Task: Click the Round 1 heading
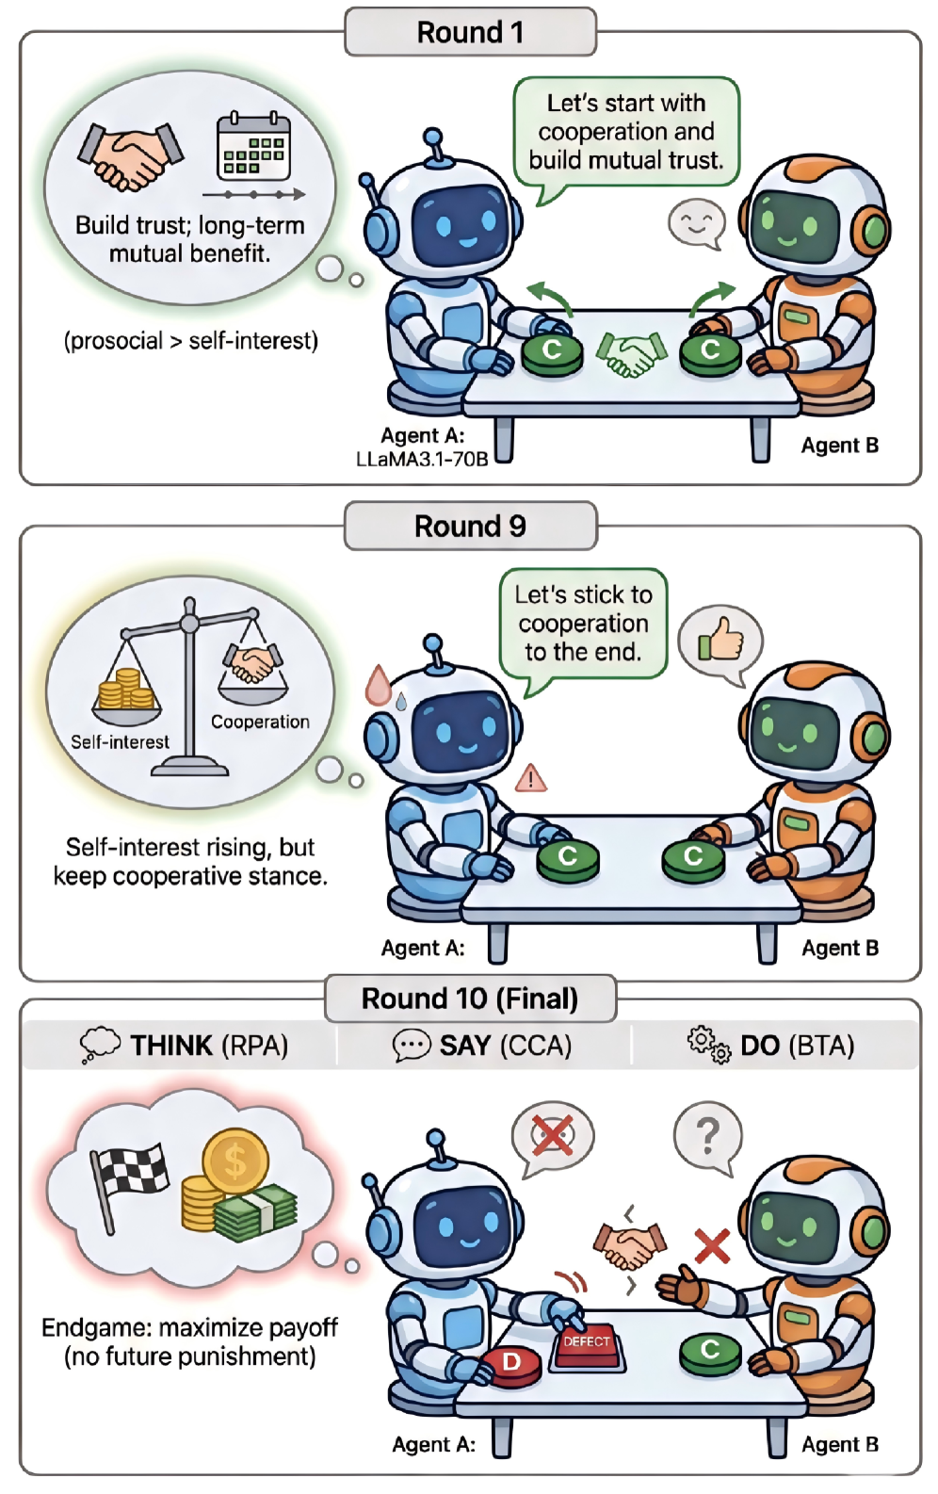470,32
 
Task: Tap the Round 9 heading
470,526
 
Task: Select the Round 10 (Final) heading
470,999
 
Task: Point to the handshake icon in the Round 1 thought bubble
130,155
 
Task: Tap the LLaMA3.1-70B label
422,460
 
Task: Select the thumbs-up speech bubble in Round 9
720,641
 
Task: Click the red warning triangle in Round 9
531,778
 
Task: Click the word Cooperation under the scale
260,722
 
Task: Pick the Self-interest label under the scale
120,742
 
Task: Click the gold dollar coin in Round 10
235,1161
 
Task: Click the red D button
511,1363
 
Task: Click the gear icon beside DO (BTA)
708,1045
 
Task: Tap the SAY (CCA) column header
482,1046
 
